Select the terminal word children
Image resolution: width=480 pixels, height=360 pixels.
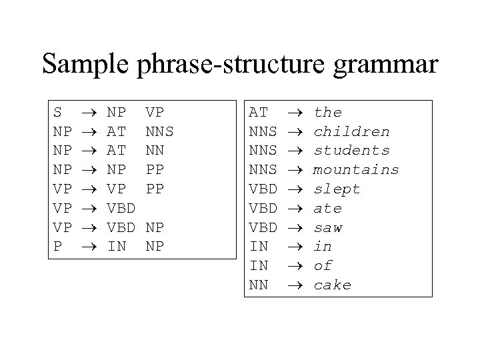point(351,131)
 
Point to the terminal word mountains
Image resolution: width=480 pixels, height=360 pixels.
point(356,170)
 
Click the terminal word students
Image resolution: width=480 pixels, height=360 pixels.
point(351,151)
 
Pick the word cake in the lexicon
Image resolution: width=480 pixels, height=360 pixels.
point(332,285)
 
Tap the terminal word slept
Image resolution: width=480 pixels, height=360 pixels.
point(337,189)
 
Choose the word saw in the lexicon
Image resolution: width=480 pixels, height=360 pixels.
point(327,228)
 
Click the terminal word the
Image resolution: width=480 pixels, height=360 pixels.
point(327,112)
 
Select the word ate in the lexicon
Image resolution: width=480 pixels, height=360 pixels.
point(327,209)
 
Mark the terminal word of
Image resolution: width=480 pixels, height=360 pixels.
point(323,266)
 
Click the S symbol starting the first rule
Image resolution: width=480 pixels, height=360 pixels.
point(58,112)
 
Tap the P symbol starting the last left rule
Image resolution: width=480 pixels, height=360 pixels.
point(58,247)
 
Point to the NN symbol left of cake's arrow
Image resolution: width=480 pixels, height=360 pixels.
point(258,285)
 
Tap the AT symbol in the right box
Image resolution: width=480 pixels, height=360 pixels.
point(258,112)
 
